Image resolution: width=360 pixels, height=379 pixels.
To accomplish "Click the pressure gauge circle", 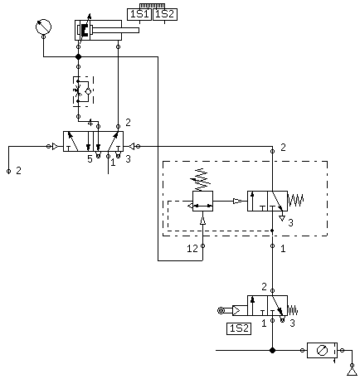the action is [x=43, y=27].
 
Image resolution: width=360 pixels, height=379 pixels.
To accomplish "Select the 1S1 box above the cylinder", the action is [x=139, y=14].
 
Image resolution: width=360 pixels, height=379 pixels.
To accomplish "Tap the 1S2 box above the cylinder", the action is [x=165, y=14].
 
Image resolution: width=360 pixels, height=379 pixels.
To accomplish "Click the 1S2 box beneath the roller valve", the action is [x=239, y=328].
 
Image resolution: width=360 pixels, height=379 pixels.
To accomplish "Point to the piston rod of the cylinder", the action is [x=116, y=30].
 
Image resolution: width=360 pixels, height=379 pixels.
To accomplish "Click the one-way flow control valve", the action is [x=83, y=91].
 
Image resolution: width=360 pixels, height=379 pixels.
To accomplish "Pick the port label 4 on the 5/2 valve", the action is [x=90, y=123].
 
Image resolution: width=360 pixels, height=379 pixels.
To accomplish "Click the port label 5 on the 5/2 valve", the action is [x=90, y=159].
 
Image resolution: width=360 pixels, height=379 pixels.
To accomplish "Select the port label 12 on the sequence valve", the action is [x=192, y=249].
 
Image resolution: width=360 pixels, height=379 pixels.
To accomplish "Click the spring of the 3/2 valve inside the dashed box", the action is [x=296, y=200].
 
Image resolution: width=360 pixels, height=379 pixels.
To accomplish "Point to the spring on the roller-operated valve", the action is [x=293, y=310].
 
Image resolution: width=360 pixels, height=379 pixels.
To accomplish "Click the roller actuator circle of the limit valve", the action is [x=221, y=310].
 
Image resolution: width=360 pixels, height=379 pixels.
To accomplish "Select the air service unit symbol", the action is [x=322, y=351].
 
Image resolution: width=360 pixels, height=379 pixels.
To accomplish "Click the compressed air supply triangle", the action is [x=352, y=372].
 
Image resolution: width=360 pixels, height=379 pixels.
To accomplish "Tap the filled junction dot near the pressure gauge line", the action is [x=78, y=57].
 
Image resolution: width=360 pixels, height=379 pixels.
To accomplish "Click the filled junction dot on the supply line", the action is [x=273, y=351].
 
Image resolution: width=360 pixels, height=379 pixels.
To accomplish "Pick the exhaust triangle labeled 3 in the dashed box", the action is [x=282, y=218].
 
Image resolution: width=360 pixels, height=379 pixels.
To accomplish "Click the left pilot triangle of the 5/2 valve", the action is [x=56, y=147].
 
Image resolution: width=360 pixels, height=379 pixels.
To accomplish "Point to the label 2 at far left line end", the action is [x=18, y=171].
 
